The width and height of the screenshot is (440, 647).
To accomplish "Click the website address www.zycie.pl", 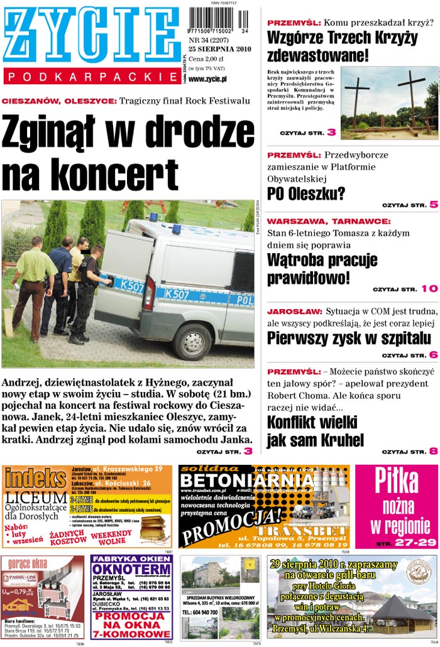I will click(x=207, y=79).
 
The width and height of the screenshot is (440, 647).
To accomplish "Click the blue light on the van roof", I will click(x=153, y=217).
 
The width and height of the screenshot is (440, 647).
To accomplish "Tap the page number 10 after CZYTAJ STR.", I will click(x=429, y=289).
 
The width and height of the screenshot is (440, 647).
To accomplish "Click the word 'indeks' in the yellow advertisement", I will click(x=36, y=479).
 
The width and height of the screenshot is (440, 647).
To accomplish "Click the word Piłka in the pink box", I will click(x=396, y=482).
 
